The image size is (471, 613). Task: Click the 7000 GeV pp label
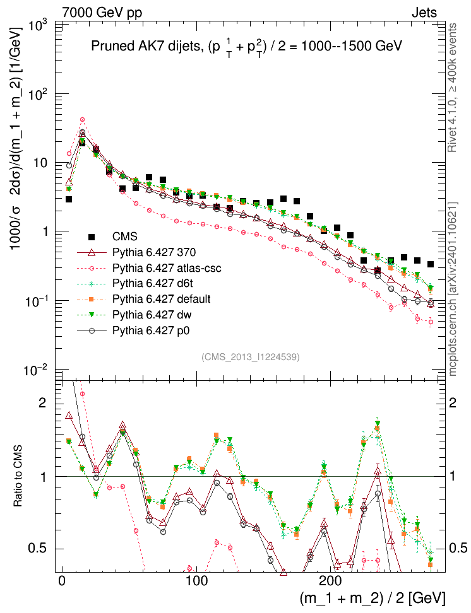pos(98,12)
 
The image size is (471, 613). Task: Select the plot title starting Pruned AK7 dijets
pos(247,47)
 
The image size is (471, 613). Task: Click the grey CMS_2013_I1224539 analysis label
pos(251,357)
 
